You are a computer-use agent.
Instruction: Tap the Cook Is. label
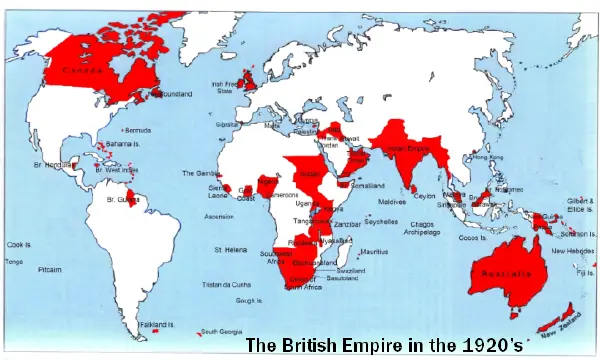[19, 244]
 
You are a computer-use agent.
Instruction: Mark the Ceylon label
[425, 196]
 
